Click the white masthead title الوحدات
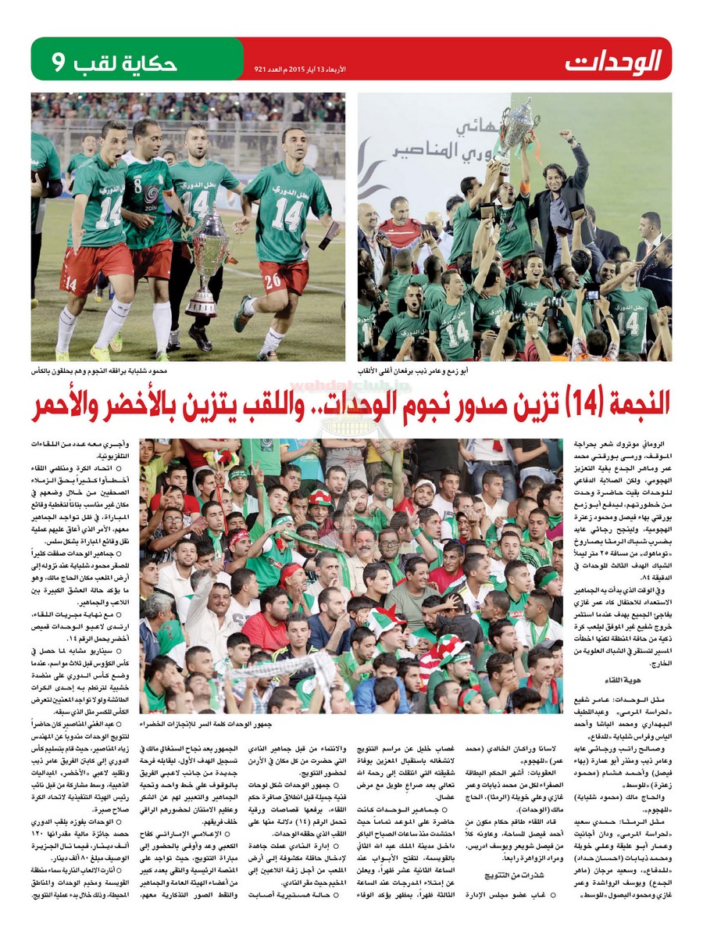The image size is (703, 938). (615, 59)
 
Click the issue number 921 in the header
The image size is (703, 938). (262, 70)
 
